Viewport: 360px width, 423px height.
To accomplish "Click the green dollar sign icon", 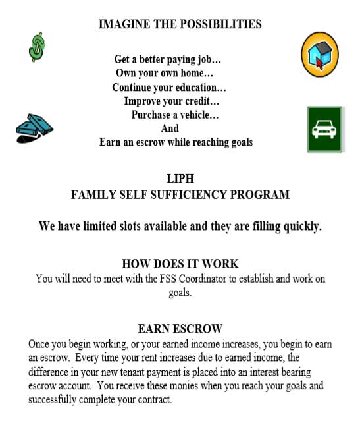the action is [38, 48].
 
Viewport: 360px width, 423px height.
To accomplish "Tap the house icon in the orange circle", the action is [320, 55].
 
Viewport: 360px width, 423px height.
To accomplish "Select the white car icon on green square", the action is [324, 129].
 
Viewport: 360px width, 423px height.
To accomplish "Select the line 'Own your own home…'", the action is [165, 73].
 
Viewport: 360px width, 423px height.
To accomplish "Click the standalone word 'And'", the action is [170, 128].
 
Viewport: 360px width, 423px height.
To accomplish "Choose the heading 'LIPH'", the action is [180, 178].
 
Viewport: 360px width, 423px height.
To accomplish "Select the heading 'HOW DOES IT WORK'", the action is [180, 264].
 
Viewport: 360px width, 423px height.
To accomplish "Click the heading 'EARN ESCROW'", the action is [180, 328].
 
